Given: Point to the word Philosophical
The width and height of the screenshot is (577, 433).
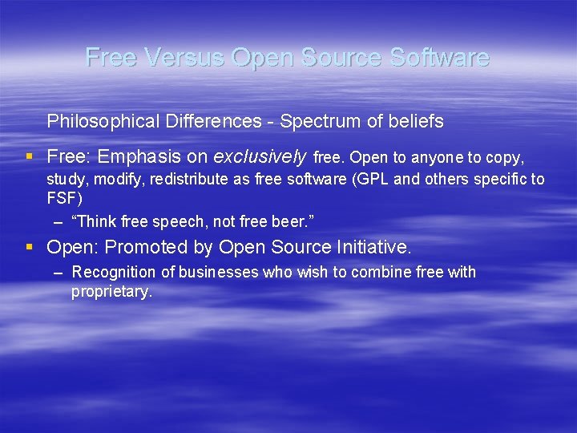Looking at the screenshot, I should pos(97,122).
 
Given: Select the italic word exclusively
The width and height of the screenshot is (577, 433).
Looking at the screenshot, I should pos(260,156).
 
